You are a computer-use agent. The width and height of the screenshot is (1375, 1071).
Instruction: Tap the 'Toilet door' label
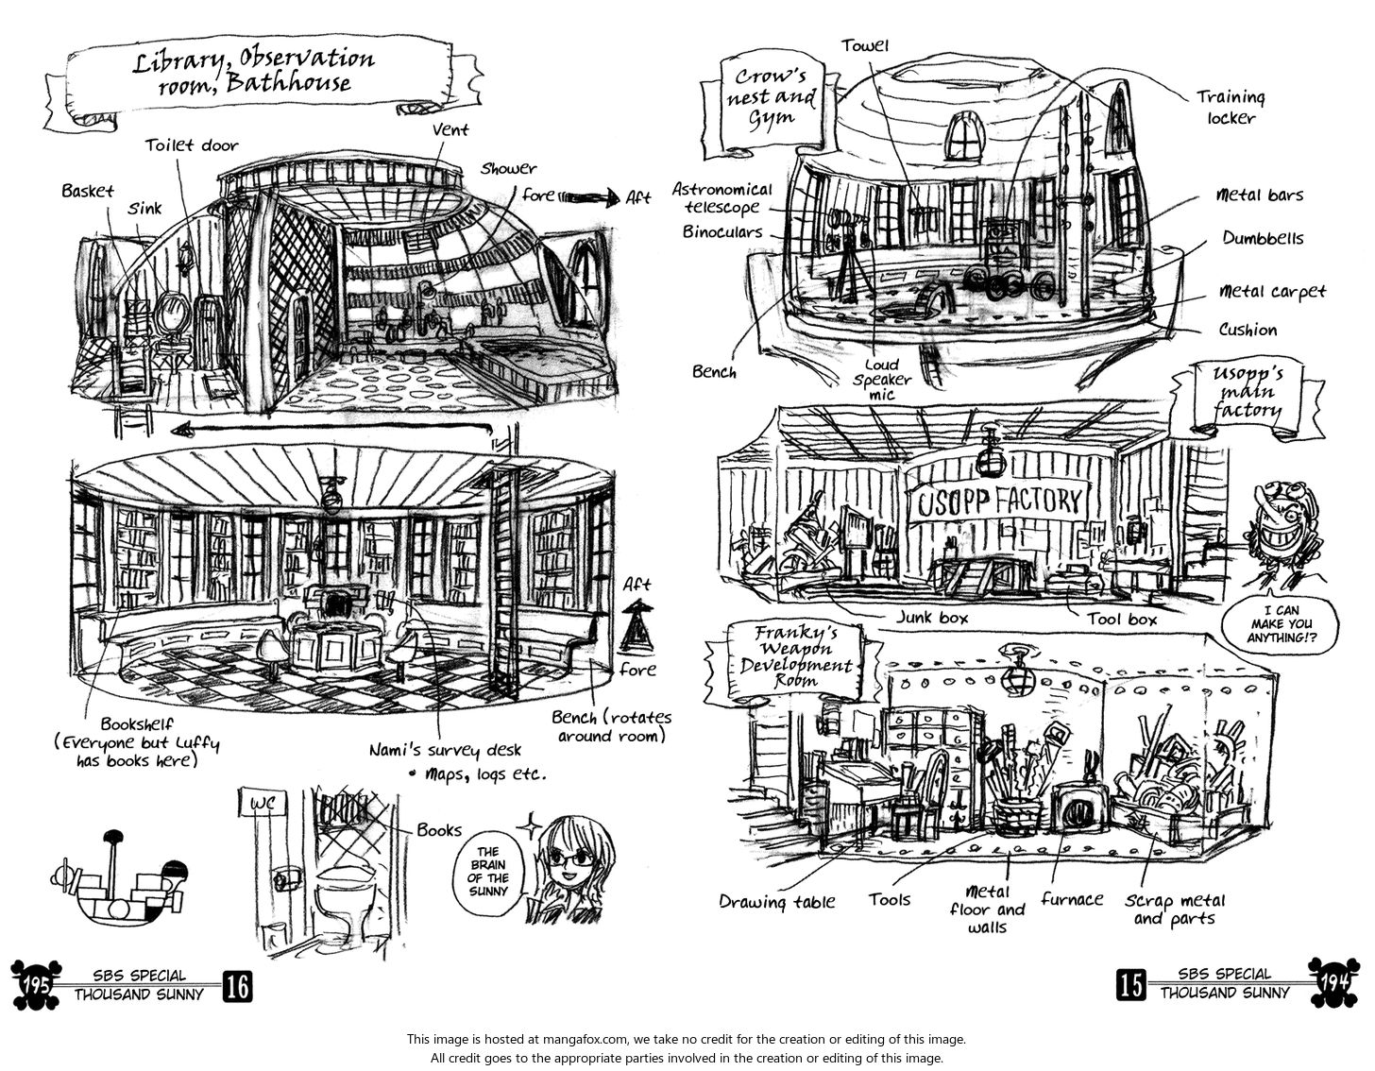coord(192,145)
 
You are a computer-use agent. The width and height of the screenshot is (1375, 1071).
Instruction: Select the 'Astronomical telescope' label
coord(722,198)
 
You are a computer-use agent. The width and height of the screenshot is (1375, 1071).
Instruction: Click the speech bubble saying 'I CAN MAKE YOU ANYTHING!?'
coord(1281,623)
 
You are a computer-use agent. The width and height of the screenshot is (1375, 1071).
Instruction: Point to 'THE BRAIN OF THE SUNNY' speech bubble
coord(488,871)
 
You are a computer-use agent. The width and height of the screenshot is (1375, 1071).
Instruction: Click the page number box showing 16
coord(237,986)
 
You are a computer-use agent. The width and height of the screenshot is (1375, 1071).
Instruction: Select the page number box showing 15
coord(1130,985)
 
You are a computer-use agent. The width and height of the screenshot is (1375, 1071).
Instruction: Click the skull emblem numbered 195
coord(35,984)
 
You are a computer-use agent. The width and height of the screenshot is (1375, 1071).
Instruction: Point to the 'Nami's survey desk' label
coord(445,750)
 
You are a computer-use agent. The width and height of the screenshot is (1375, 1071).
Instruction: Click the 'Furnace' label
coord(1072,899)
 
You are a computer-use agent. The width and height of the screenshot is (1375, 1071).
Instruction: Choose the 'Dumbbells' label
coord(1263,239)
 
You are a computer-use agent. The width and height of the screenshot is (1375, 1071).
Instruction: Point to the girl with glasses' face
coord(570,860)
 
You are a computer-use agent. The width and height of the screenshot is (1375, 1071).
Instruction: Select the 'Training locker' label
coord(1231,108)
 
